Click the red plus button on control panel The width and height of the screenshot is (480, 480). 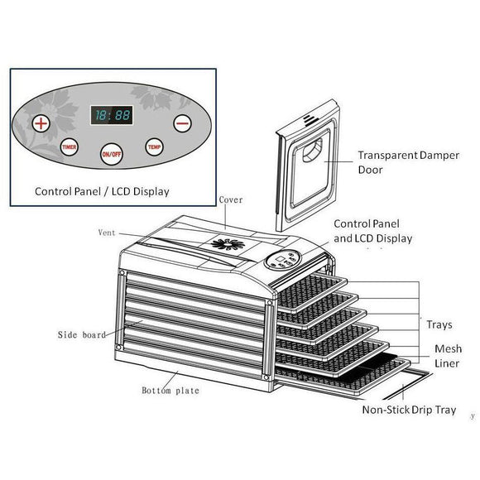point(41,123)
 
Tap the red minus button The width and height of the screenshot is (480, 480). point(182,123)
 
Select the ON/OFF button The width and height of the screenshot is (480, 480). point(112,154)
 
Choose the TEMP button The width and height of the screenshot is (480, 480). point(154,147)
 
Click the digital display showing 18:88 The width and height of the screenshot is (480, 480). point(112,115)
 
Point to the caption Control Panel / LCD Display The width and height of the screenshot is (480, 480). point(102,192)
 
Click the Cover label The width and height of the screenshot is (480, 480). point(231,200)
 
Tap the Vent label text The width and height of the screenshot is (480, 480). point(107,233)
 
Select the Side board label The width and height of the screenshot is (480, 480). point(82,334)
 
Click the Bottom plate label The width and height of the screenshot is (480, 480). point(170,391)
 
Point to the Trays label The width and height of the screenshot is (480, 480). point(439,324)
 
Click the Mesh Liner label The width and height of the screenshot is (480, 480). point(449,356)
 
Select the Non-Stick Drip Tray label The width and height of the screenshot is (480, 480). point(409,410)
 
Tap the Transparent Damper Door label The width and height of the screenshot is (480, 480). point(409,162)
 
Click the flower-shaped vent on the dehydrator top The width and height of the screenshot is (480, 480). point(228,244)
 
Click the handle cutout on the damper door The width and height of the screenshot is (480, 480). point(313,150)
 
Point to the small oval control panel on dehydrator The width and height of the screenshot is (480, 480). point(283,260)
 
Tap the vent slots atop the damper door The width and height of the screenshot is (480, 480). point(311,120)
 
